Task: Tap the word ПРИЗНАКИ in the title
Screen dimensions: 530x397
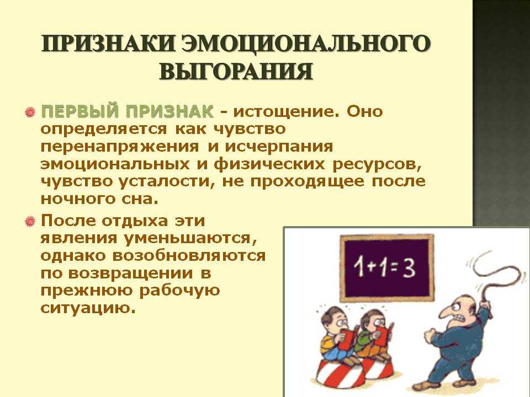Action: point(108,43)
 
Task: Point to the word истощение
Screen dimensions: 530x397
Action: point(287,112)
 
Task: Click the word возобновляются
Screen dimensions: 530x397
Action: point(189,255)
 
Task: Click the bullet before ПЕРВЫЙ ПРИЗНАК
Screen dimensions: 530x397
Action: point(30,112)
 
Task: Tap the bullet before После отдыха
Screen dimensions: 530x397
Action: point(30,222)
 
